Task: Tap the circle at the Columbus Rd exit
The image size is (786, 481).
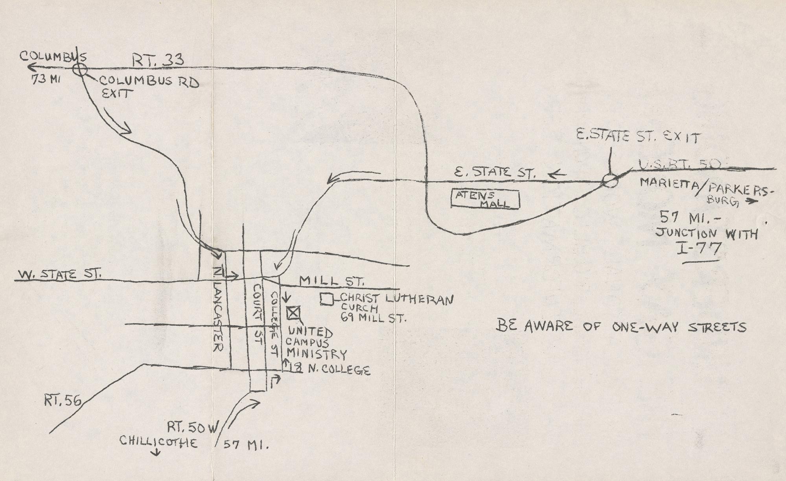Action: (80, 70)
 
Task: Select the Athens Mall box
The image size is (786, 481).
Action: (485, 199)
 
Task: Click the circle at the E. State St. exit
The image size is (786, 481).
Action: (610, 181)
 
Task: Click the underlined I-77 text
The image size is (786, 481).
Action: (700, 250)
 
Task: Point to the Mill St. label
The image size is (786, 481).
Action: (331, 281)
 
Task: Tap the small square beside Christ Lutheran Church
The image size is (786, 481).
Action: (326, 299)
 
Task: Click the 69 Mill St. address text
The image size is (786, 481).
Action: (373, 318)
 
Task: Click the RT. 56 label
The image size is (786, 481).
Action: (63, 401)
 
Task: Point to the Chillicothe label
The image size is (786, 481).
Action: (158, 442)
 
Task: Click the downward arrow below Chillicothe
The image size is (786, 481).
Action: (156, 453)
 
